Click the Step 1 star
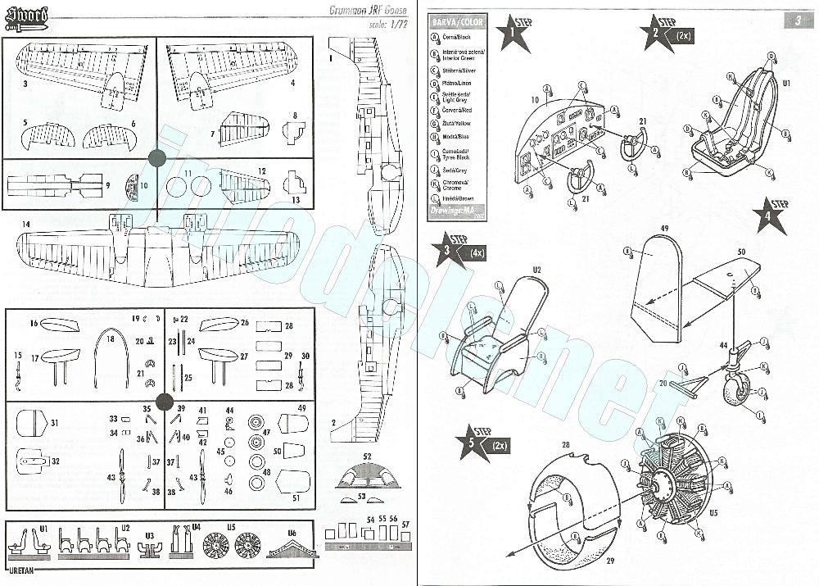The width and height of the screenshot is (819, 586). coord(514,33)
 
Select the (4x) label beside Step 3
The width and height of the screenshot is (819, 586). coord(477,253)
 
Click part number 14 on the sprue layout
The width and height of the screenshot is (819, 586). coord(26,224)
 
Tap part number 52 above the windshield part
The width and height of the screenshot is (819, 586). coord(367,456)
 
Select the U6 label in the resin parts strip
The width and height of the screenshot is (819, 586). coord(292,533)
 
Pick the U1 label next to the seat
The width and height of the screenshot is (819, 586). coord(787,84)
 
